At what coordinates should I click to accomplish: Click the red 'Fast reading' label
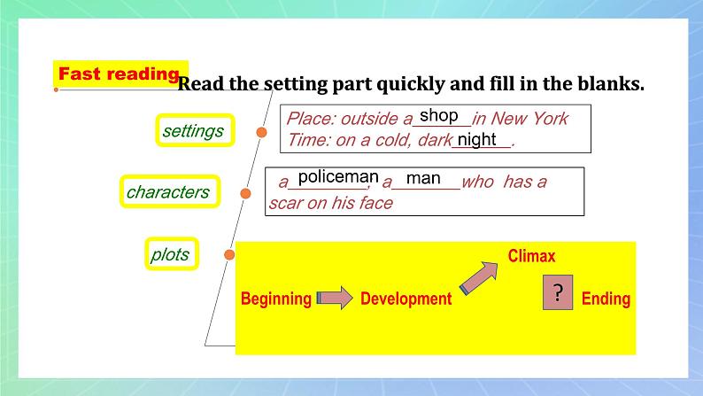tap(120, 74)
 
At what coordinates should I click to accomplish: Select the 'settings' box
tap(194, 131)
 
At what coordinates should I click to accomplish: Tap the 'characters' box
tap(168, 191)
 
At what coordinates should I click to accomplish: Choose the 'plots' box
tap(170, 255)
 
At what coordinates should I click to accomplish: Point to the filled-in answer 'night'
tap(477, 139)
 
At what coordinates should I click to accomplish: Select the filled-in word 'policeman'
tap(338, 178)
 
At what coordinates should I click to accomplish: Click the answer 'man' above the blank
tap(423, 179)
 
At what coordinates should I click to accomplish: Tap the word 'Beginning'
tap(276, 299)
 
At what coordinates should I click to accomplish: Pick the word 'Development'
tap(406, 299)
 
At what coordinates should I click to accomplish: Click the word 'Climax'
tap(531, 256)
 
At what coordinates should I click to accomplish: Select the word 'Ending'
tap(606, 299)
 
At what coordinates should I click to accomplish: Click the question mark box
tap(558, 294)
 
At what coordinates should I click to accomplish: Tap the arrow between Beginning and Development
tap(334, 299)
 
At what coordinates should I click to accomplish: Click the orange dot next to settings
tap(261, 133)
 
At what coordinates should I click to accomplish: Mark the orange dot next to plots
tap(229, 255)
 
